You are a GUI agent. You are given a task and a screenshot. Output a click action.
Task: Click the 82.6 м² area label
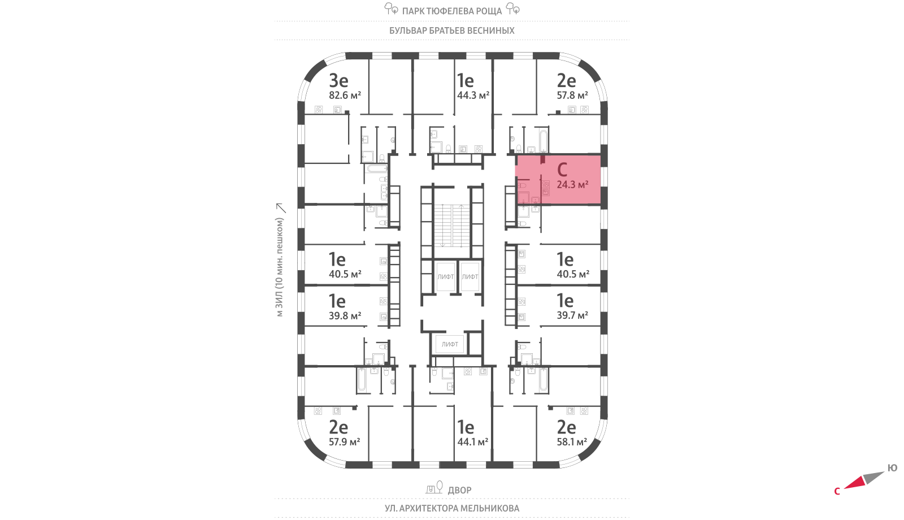tap(345, 96)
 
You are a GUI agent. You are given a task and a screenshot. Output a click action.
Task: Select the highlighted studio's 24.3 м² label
tap(572, 185)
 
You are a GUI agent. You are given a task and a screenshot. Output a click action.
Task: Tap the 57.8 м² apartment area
tap(572, 96)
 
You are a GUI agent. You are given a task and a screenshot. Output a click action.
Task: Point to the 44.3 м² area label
tap(473, 96)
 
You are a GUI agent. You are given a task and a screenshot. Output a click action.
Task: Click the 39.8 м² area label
tap(345, 316)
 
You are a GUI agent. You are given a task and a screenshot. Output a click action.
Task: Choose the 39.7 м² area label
tap(572, 315)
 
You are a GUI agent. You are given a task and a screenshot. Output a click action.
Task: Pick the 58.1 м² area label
tap(572, 442)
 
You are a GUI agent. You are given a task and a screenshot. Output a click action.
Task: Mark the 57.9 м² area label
tap(344, 442)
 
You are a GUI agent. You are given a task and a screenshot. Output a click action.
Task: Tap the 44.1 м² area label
tap(472, 442)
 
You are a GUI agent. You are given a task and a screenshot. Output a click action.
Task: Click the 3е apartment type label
tap(338, 80)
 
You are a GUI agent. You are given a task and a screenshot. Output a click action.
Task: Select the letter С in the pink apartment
tap(562, 170)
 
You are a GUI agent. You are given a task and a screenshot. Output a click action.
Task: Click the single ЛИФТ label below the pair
tap(450, 344)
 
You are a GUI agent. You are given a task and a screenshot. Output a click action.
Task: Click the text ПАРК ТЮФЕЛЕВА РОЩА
tap(452, 11)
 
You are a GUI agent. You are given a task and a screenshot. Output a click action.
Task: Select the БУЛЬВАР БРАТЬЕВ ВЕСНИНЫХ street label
tap(452, 31)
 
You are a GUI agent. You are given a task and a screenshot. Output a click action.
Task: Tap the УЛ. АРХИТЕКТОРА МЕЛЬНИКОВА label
tap(452, 508)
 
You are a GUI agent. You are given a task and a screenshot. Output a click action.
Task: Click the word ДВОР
tap(459, 490)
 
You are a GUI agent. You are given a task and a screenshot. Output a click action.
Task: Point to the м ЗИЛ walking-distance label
tap(280, 267)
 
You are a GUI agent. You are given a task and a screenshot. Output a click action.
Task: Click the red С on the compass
tap(837, 492)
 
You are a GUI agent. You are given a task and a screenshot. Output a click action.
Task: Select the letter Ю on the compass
tap(892, 468)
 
